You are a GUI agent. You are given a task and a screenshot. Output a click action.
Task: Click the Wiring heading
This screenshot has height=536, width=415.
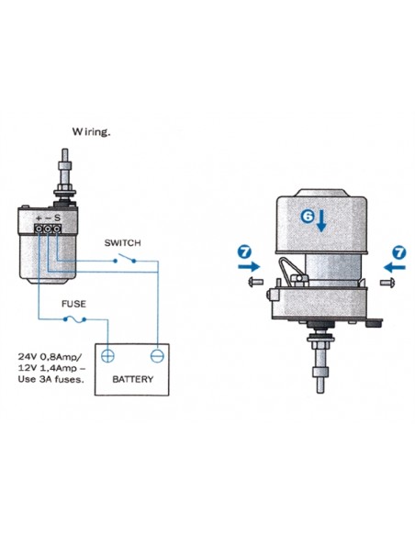click(91, 132)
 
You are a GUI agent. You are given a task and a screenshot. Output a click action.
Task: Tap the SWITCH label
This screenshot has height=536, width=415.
click(122, 243)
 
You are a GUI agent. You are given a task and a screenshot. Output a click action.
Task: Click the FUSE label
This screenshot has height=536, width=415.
click(73, 304)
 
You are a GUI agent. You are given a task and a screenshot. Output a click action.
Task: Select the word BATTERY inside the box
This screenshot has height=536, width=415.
click(132, 379)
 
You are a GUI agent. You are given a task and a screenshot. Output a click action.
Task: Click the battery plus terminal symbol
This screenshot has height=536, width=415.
click(107, 356)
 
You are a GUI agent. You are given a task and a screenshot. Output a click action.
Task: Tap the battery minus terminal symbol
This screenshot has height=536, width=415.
click(157, 356)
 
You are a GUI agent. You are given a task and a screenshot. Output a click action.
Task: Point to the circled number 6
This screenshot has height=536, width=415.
click(308, 216)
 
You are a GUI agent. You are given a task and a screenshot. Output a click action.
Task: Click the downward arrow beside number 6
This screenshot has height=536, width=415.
click(321, 221)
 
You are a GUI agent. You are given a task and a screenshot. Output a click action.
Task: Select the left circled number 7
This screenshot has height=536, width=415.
click(245, 252)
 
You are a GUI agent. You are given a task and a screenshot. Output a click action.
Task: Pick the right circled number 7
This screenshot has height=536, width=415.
click(398, 253)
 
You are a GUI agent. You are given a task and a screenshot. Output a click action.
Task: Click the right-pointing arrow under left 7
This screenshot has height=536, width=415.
click(249, 266)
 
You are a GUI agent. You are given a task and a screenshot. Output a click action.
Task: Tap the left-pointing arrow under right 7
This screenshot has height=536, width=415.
click(395, 267)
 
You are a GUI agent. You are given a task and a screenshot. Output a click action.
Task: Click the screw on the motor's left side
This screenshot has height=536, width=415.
click(255, 282)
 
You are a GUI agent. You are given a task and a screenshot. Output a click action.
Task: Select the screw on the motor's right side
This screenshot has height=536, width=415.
click(388, 283)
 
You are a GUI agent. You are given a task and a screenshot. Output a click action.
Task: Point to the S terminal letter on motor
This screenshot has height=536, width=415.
click(57, 218)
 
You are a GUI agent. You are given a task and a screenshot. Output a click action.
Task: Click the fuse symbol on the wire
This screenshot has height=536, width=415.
click(74, 319)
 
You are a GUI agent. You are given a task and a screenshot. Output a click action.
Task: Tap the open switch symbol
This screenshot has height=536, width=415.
click(125, 259)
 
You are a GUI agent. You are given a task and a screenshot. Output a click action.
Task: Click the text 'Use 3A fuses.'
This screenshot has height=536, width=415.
click(50, 379)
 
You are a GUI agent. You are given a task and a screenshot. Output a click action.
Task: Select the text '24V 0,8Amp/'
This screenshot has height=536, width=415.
click(50, 357)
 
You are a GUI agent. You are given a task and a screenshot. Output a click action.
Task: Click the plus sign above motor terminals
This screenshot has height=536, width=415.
click(39, 218)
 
